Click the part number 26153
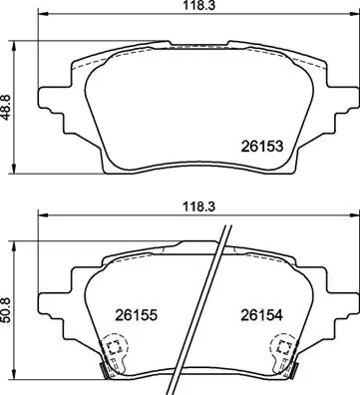[x=262, y=146]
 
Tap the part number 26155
[x=136, y=315]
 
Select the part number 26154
[x=262, y=315]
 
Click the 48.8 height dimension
[x=7, y=107]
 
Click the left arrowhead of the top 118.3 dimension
[x=44, y=14]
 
